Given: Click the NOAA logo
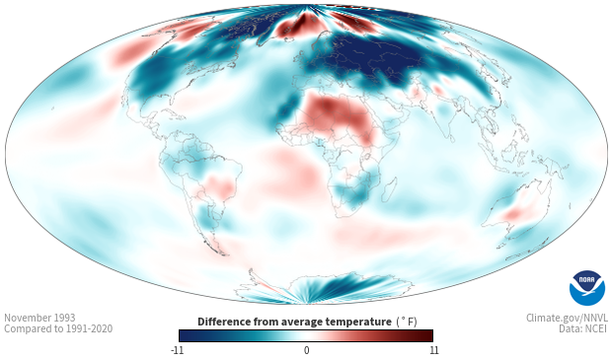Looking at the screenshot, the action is (587, 288).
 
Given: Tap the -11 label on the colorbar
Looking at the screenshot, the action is (177, 350).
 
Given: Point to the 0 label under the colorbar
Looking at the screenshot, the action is (306, 350).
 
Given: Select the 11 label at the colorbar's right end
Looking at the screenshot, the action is (433, 350).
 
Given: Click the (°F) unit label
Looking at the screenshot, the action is (407, 323).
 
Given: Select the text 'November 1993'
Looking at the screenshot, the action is (39, 318).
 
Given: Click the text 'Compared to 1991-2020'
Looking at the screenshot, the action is (58, 328).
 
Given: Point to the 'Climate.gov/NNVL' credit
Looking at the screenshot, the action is (567, 318).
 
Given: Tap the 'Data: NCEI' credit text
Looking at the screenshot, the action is (583, 328).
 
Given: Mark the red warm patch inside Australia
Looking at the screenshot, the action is (512, 214).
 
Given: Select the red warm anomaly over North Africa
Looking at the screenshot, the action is (339, 115).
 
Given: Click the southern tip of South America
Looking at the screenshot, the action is (223, 254).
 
